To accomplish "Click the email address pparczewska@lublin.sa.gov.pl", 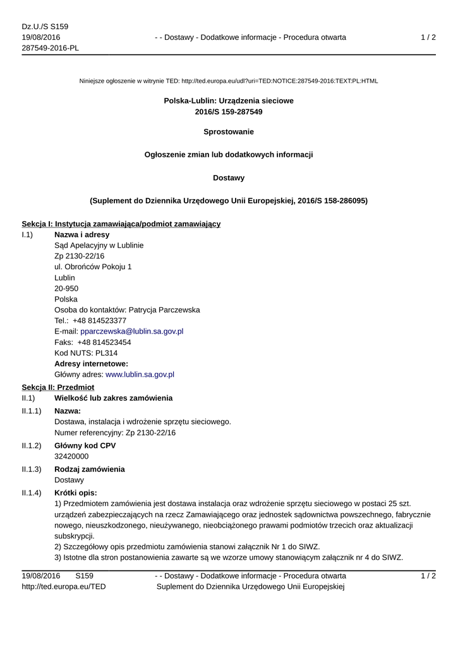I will (x=131, y=331).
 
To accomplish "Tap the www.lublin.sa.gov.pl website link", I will (x=140, y=374).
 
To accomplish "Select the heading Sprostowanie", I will (x=229, y=132).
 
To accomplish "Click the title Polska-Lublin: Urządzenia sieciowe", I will (x=229, y=100).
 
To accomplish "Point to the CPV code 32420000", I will (x=71, y=456).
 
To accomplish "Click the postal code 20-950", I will (x=66, y=288).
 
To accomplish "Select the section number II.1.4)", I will (x=32, y=493).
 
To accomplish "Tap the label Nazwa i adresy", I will (x=81, y=235).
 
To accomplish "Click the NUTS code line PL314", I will (x=86, y=353).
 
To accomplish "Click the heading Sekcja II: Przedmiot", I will (x=57, y=387).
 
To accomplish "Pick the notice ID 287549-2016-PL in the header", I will (x=50, y=48).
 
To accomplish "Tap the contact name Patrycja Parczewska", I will (x=164, y=310).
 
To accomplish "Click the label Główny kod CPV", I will (x=85, y=445).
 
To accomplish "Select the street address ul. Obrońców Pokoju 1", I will (x=93, y=267).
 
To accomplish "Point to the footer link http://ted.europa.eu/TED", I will (x=64, y=586).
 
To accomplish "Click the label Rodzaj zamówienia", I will (x=90, y=469).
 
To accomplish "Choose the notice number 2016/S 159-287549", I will (x=229, y=112).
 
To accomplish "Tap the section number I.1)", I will (x=27, y=235).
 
